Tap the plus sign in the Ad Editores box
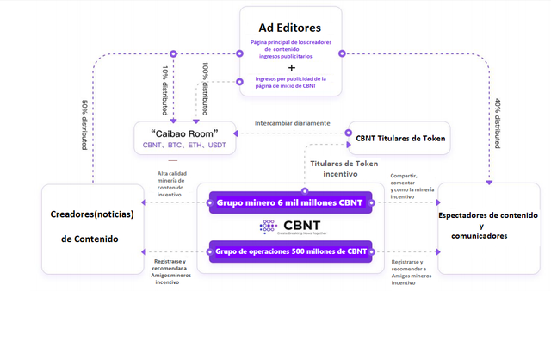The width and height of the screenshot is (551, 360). (x=291, y=66)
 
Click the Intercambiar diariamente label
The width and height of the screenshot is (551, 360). (x=293, y=123)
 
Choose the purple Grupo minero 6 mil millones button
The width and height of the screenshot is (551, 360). (x=290, y=202)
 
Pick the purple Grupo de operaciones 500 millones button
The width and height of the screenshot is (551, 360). (x=290, y=251)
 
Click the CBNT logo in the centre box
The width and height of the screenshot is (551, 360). (x=290, y=227)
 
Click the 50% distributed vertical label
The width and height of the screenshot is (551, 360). (x=84, y=126)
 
